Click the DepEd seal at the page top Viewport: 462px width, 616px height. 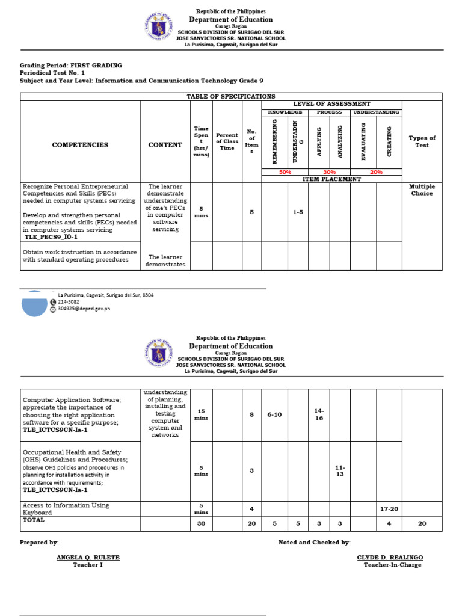159,27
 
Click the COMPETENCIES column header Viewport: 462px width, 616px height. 80,145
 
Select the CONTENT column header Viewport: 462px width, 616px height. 165,145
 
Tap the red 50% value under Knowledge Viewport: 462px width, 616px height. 286,172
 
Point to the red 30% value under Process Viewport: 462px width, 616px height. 330,172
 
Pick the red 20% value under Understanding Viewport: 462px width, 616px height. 376,172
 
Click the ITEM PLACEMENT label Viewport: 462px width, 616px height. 331,179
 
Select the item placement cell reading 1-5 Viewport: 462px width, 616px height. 298,212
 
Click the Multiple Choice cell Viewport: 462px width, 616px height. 422,190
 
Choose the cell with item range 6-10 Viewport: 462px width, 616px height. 274,415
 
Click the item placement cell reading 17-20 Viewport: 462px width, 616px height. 389,509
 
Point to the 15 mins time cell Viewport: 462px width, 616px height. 202,415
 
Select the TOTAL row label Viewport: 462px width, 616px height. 34,519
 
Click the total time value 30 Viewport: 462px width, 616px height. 202,523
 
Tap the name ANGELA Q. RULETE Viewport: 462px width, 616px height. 88,558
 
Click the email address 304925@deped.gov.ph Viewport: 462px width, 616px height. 84,309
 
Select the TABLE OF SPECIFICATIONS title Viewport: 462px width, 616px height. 231,96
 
